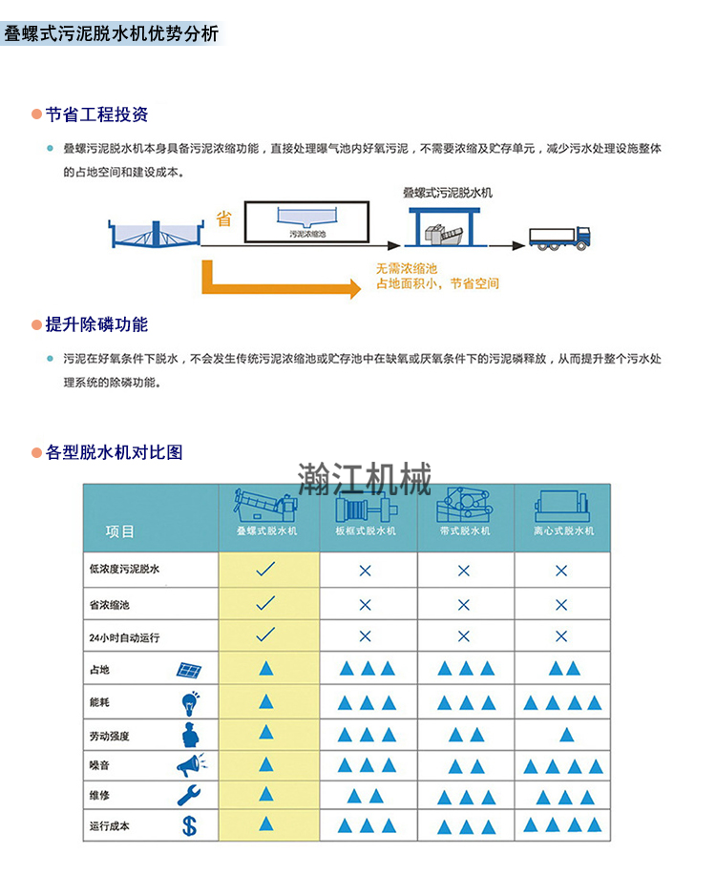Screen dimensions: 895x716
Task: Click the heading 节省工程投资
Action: tap(96, 114)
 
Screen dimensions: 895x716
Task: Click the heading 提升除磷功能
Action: tap(96, 324)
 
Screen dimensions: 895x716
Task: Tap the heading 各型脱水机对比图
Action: tap(114, 452)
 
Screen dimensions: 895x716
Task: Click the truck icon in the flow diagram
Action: tap(560, 237)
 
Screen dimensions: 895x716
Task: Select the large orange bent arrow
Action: tap(277, 277)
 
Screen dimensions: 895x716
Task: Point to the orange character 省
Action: tap(223, 219)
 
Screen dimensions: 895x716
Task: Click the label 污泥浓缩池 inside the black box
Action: tap(307, 233)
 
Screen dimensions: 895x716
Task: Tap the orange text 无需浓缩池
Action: tap(407, 268)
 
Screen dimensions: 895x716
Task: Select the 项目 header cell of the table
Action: tap(120, 531)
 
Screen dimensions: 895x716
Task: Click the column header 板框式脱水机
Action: tap(365, 531)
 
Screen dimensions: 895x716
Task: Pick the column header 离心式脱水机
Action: tap(563, 531)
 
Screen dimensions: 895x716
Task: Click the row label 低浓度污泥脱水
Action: tap(124, 570)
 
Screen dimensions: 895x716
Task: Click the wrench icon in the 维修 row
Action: tap(188, 795)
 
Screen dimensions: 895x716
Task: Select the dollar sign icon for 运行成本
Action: tap(189, 825)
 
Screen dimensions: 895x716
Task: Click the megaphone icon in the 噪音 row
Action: tap(189, 764)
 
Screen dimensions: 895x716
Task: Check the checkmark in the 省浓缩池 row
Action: tap(266, 603)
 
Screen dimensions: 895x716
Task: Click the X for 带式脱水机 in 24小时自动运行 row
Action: tap(464, 636)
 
